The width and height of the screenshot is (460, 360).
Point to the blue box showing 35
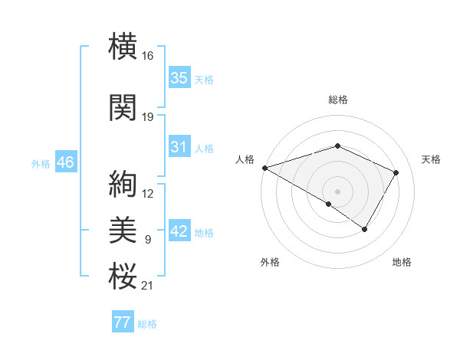coord(179,78)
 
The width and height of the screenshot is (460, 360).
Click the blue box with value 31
coord(179,147)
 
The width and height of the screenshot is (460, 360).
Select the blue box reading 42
coord(179,232)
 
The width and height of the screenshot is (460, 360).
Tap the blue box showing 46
coord(64,162)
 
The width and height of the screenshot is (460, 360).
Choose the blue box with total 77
coord(122,322)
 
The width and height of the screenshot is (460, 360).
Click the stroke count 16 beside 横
coord(147,56)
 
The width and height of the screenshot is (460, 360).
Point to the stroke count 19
coord(147,117)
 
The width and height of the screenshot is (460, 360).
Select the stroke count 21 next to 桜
coord(147,286)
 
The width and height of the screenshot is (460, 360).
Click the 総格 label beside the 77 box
coord(147,324)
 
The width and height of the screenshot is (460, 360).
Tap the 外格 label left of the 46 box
coord(41,164)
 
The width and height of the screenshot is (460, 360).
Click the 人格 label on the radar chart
coord(245,159)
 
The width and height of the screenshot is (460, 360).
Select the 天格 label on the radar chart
coord(431,159)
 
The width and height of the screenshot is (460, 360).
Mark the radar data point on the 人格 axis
coord(264,167)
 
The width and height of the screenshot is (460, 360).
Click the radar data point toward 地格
coord(365,229)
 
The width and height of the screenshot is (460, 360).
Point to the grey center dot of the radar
coord(337,191)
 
